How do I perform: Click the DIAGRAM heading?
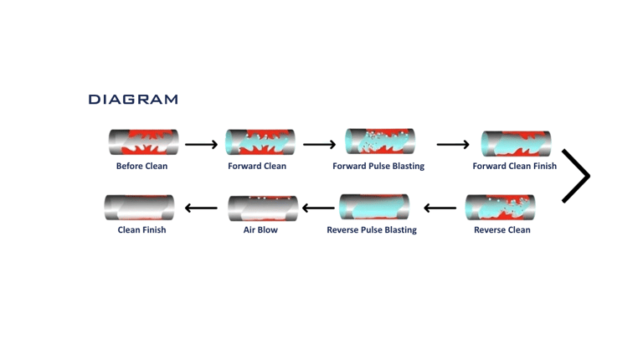[x=133, y=100]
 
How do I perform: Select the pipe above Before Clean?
[x=143, y=142]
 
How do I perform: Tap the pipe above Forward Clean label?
[x=260, y=142]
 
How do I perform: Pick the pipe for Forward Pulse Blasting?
[x=380, y=141]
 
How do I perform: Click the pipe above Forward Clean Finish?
[x=516, y=143]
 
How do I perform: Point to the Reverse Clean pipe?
[x=500, y=208]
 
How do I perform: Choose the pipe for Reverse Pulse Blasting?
[x=374, y=207]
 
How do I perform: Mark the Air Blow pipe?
[x=263, y=208]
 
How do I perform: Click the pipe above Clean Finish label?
[x=140, y=208]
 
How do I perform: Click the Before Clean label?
[x=141, y=166]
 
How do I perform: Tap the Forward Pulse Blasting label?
[x=378, y=166]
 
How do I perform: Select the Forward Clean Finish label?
[x=514, y=166]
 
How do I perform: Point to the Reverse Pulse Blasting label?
[x=372, y=229]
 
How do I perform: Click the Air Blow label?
[x=260, y=229]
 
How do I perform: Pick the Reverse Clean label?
[x=502, y=229]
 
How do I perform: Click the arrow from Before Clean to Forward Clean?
[x=201, y=145]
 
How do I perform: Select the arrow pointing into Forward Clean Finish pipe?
[x=453, y=145]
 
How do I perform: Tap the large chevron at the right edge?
[x=576, y=176]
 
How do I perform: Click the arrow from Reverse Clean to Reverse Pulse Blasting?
[x=440, y=208]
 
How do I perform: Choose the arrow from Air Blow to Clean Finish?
[x=201, y=208]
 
